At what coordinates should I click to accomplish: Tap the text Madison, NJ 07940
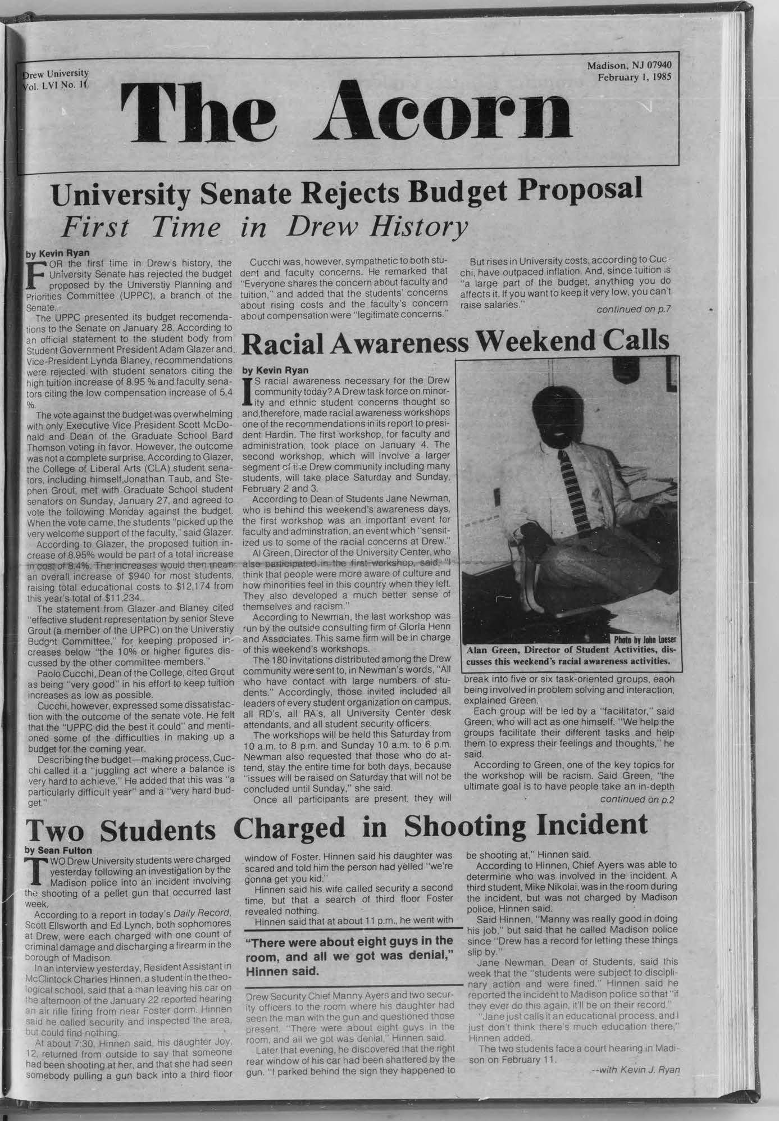(633, 65)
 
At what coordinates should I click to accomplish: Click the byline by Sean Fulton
(58, 851)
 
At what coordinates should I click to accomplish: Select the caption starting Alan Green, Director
(572, 655)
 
